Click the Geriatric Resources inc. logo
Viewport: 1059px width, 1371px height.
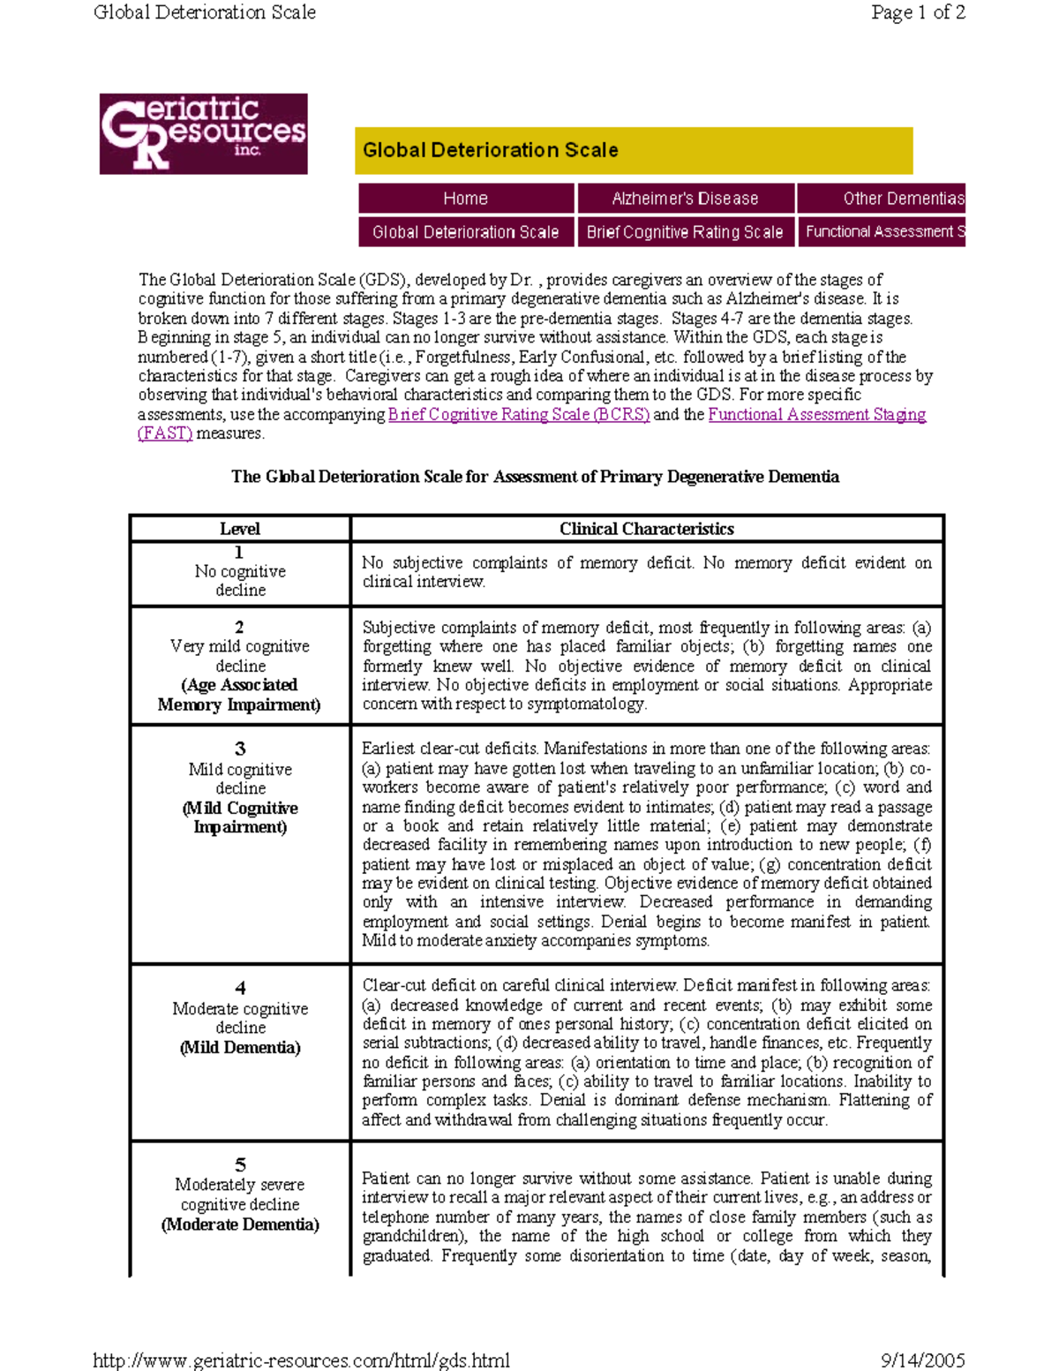[x=203, y=133]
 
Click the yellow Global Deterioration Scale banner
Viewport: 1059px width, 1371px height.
[x=633, y=150]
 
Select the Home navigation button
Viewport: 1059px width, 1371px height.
[x=466, y=199]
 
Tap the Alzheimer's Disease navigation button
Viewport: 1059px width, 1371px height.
[x=685, y=199]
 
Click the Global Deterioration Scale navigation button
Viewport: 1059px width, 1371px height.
[x=466, y=232]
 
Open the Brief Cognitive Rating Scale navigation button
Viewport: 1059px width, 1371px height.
[x=685, y=232]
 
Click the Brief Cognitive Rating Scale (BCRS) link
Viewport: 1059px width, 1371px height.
[x=519, y=415]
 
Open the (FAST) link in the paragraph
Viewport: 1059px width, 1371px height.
[x=165, y=433]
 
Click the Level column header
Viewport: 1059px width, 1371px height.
[x=239, y=529]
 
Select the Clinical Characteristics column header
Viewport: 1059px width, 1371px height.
[x=647, y=529]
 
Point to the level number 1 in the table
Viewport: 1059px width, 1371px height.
[x=239, y=553]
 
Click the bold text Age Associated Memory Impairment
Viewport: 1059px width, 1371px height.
[x=239, y=695]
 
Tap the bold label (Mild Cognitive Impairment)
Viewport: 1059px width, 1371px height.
[x=240, y=817]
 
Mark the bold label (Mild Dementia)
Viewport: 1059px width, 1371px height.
[x=240, y=1048]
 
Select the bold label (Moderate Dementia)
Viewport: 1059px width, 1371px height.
[x=240, y=1224]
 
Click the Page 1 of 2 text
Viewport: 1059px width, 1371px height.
[x=918, y=12]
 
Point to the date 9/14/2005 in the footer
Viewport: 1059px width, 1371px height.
[x=922, y=1360]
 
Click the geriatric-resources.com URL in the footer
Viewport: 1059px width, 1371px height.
[x=302, y=1360]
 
